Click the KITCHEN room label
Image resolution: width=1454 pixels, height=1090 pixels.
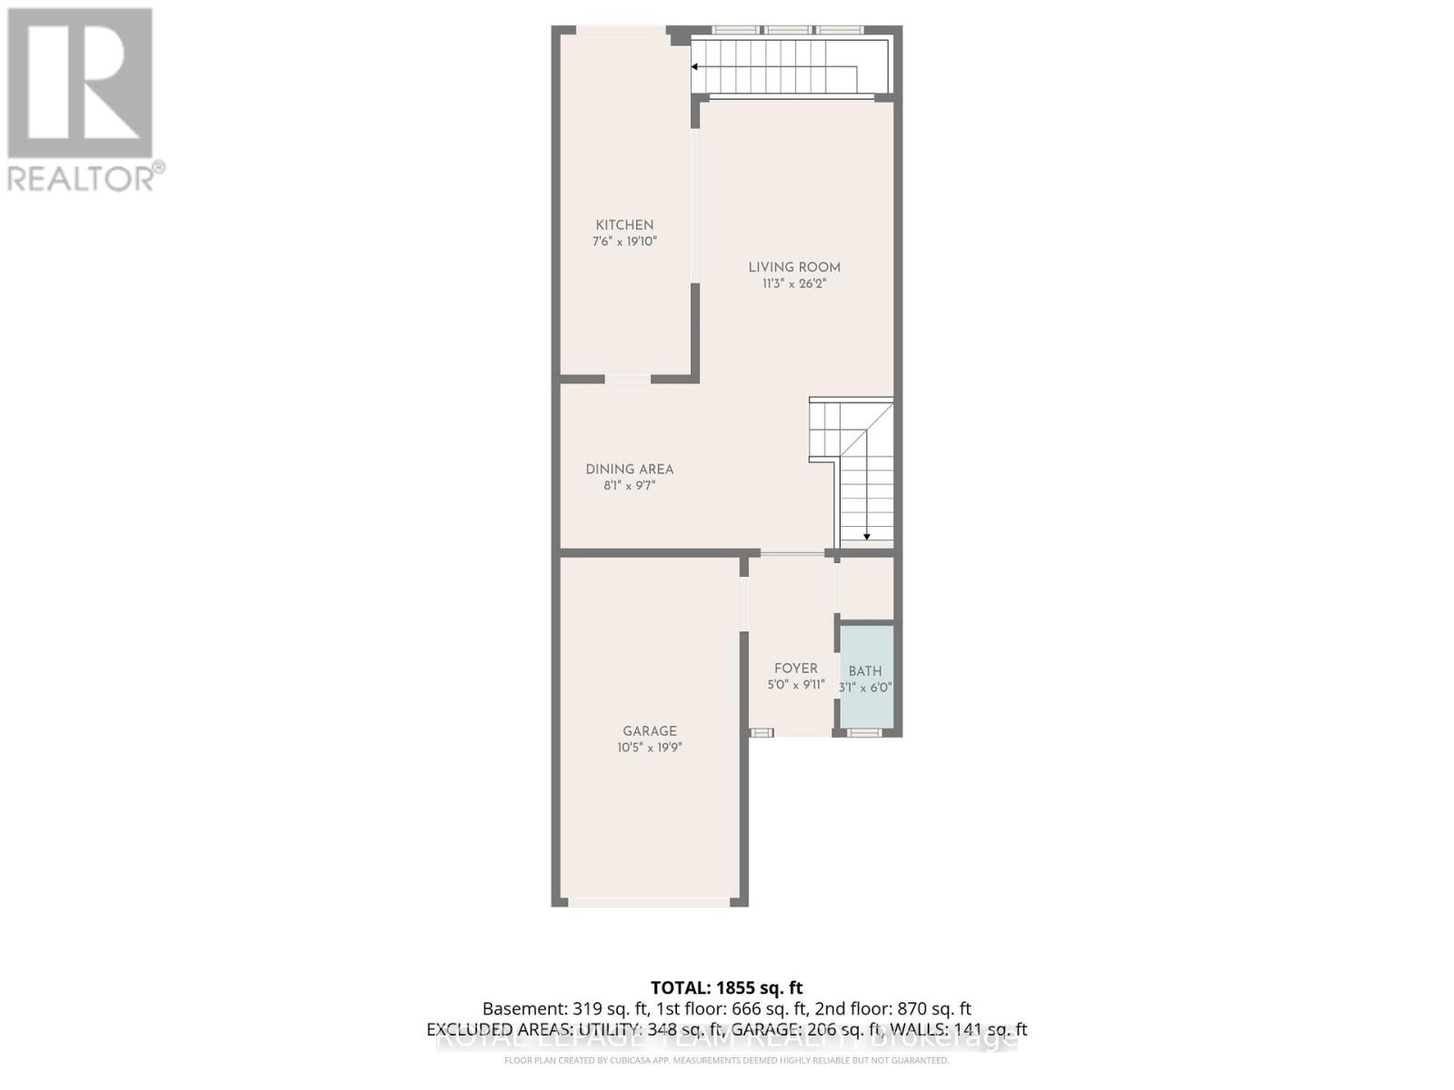(624, 225)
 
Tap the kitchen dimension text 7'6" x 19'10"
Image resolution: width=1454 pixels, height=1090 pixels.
(624, 242)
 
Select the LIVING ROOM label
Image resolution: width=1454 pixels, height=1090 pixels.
(794, 267)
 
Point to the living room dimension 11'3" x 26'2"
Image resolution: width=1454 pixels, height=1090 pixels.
(794, 283)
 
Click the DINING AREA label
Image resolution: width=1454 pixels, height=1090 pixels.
(629, 470)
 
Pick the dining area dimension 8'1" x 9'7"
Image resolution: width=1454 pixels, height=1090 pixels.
(629, 486)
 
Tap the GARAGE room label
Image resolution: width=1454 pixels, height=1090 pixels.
(650, 731)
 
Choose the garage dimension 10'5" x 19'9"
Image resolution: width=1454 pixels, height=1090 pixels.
(650, 748)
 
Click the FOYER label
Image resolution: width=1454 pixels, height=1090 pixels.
(795, 669)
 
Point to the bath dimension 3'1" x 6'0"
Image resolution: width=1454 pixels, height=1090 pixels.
(865, 688)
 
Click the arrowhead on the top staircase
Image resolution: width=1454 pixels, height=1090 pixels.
(695, 67)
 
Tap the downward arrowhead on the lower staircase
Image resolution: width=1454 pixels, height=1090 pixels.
(867, 536)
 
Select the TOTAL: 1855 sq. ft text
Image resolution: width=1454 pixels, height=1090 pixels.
(726, 987)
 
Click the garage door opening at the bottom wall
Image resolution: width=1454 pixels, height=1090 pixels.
(650, 902)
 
